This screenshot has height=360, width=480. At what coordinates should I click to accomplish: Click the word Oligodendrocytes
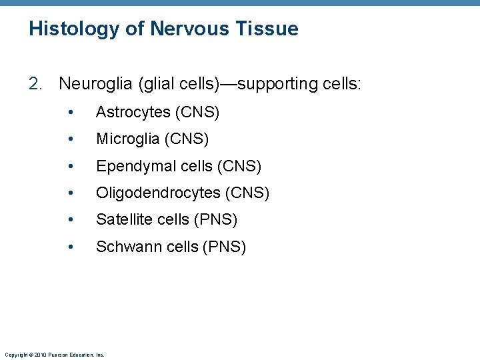tap(158, 193)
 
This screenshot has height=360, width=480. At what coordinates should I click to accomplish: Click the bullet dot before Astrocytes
tap(71, 113)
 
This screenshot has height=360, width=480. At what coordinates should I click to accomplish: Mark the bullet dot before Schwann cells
tap(71, 247)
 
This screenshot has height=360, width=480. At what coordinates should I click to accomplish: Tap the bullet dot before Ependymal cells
tap(71, 166)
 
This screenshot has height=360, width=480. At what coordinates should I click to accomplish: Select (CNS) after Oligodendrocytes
tap(247, 193)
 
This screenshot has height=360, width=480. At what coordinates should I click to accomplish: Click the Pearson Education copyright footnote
tap(54, 355)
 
